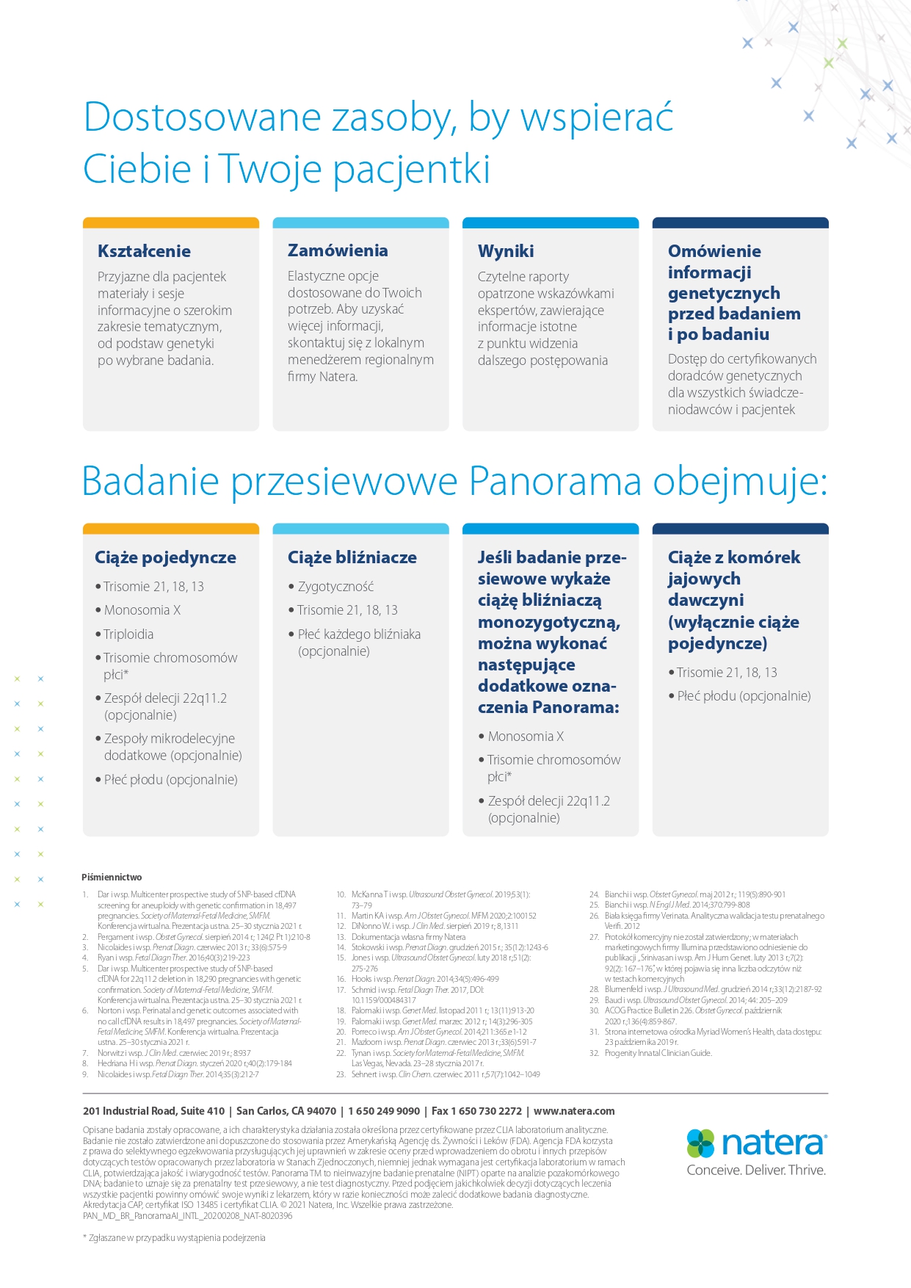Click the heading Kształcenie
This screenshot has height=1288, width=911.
[x=144, y=251]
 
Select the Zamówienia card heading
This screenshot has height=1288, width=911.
[x=338, y=250]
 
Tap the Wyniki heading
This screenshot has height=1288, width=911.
[x=506, y=251]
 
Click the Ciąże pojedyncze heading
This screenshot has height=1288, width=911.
[x=165, y=557]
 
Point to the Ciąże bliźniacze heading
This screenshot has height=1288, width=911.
[x=352, y=557]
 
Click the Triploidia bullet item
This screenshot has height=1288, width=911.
[x=128, y=634]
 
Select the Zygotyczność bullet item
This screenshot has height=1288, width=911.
[x=335, y=587]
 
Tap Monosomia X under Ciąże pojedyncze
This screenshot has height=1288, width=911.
[x=142, y=610]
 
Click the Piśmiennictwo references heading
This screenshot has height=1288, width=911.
[x=112, y=878]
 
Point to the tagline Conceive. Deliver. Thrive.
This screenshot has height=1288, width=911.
[x=756, y=1171]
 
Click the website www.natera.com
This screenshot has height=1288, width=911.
[x=574, y=1111]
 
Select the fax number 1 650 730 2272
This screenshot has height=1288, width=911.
[x=487, y=1111]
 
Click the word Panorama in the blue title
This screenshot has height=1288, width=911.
[x=555, y=482]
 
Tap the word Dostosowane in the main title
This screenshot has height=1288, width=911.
[x=203, y=117]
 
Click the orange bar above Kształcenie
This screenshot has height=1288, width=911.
[x=171, y=222]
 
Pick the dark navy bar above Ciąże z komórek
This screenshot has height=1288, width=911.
[x=740, y=529]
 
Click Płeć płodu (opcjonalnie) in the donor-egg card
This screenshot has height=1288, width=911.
[x=744, y=696]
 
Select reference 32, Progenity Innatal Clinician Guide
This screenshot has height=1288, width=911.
[x=658, y=1053]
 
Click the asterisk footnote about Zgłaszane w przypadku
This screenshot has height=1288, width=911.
[x=174, y=1237]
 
